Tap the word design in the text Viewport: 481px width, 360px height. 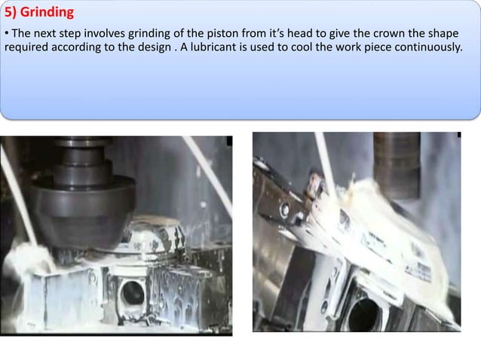point(159,49)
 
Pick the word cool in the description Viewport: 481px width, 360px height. point(311,49)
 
